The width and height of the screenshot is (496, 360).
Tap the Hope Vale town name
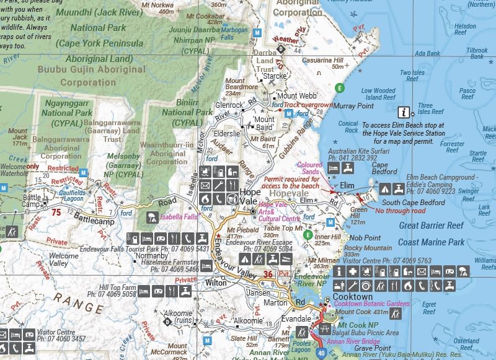[x=250, y=197]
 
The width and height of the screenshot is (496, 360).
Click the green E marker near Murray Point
[x=339, y=88]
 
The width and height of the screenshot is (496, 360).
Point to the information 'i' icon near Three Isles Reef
[x=404, y=112]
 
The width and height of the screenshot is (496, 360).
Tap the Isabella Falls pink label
[x=180, y=218]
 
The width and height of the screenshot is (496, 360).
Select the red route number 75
[x=56, y=212]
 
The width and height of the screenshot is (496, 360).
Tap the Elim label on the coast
[x=347, y=185]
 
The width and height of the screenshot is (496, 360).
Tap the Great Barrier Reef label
[x=432, y=226]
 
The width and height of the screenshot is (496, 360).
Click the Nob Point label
[x=365, y=238]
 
